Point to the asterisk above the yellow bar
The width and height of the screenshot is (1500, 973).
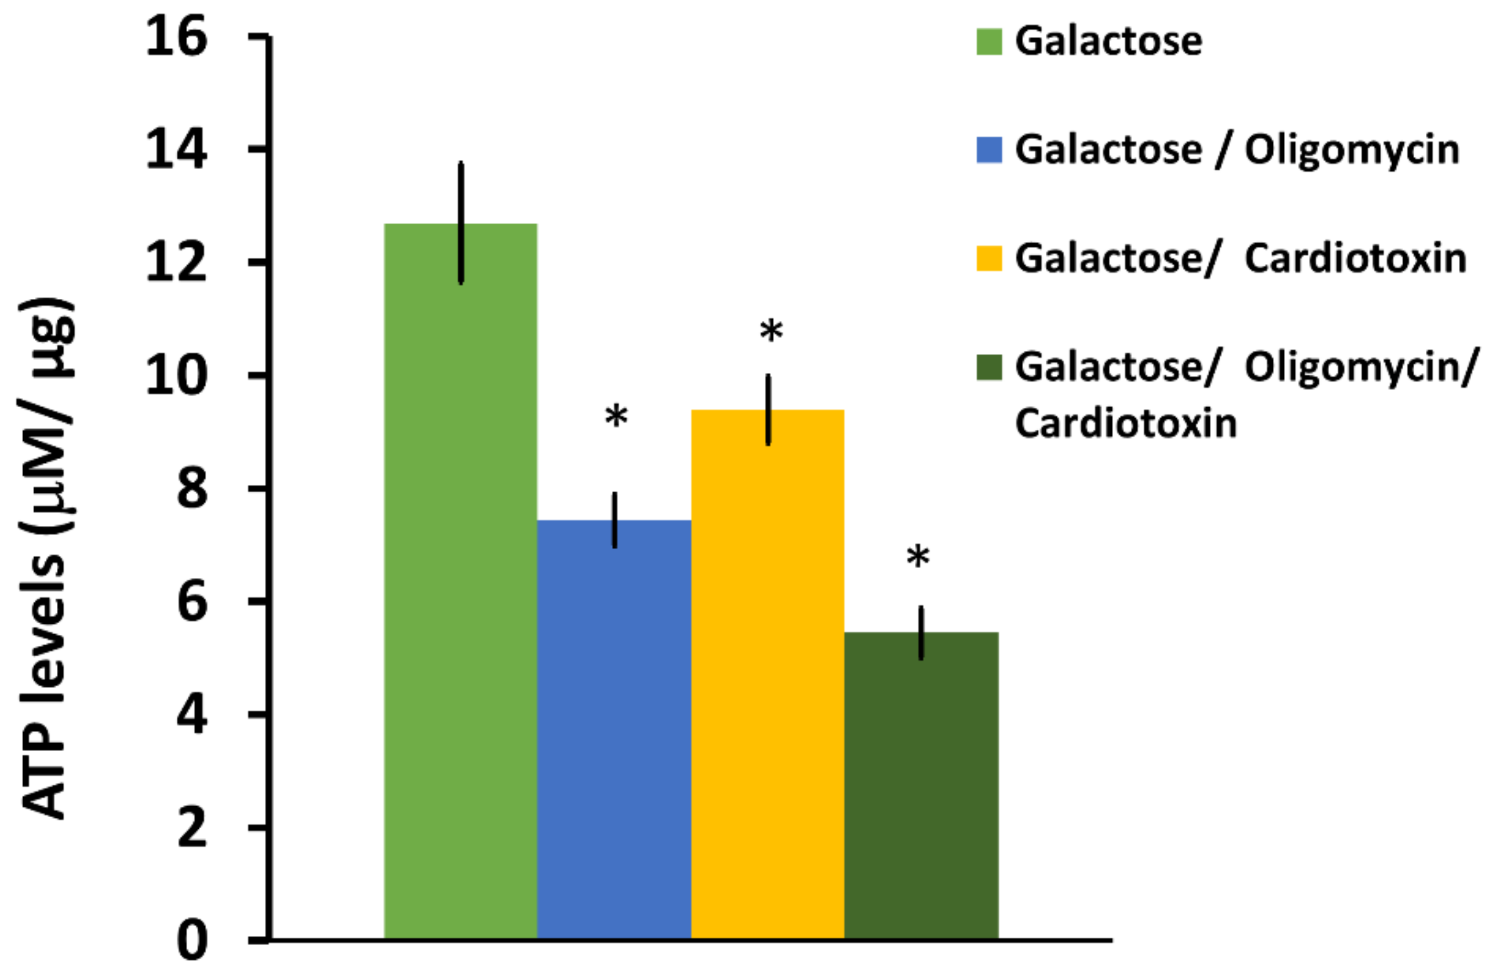771,331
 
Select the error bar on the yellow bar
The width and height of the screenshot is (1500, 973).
768,409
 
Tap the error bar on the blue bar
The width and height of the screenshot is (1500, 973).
615,520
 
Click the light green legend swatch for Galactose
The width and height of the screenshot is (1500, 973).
989,42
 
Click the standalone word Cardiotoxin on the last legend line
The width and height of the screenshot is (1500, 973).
1126,422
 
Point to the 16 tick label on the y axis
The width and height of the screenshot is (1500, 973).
177,36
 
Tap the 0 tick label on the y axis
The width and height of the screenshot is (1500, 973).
192,942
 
